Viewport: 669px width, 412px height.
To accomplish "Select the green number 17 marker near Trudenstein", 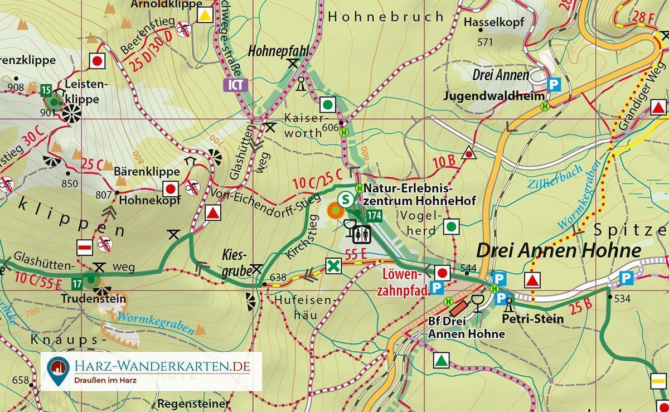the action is coord(77,284).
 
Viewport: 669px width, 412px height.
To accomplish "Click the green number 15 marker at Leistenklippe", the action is coord(46,90).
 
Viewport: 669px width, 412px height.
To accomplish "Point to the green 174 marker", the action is coord(374,215).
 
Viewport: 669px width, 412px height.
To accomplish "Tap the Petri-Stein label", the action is coord(532,319).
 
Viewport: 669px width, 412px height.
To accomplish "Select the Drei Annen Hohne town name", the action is coord(558,250).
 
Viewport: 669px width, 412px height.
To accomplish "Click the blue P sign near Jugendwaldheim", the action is coord(554,85).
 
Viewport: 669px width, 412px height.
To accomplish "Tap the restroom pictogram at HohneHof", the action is coord(363,235).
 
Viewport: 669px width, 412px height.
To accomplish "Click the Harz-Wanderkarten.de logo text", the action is coord(162,366).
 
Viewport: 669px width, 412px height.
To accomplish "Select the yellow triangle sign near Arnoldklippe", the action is coord(205,15).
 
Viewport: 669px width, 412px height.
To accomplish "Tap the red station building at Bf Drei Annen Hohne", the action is coord(459,308).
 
